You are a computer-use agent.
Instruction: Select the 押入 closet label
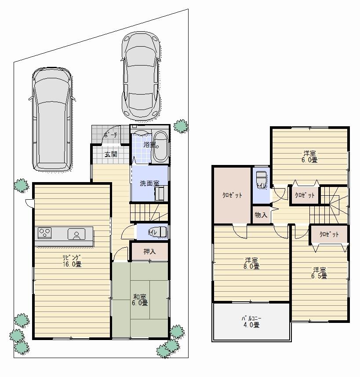click(x=149, y=252)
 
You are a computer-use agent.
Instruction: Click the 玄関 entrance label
click(x=110, y=154)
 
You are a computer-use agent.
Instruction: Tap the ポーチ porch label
click(x=110, y=135)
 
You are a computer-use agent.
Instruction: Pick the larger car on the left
click(x=51, y=118)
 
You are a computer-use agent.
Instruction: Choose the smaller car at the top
click(x=140, y=75)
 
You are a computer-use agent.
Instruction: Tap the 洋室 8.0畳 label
click(x=250, y=263)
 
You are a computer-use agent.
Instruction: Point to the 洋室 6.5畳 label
click(x=320, y=273)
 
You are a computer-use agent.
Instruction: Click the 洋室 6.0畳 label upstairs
click(x=309, y=157)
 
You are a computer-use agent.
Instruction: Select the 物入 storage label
click(x=261, y=215)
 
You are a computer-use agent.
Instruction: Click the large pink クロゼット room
click(x=232, y=195)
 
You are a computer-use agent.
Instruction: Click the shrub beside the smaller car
click(x=180, y=126)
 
